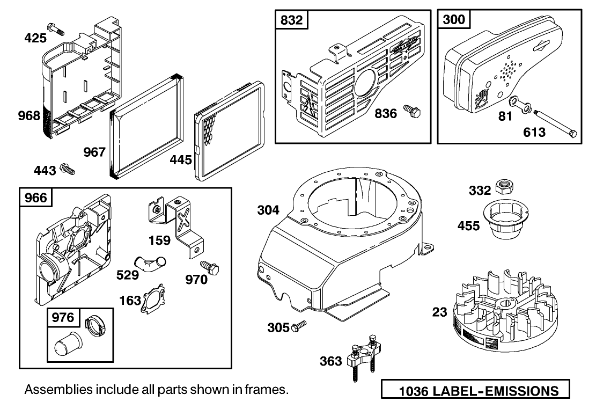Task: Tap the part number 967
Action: [95, 152]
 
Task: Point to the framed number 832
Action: [292, 20]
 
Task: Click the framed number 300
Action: [454, 20]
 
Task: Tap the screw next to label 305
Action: [299, 326]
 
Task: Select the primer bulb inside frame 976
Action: [65, 343]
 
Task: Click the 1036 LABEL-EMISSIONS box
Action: [475, 390]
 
